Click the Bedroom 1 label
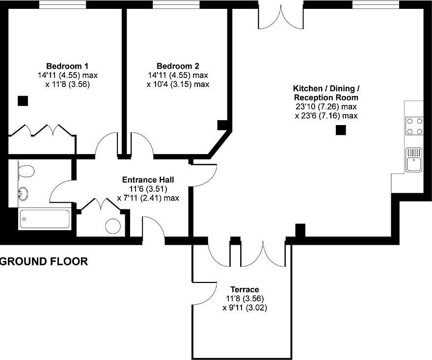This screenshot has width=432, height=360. (x=67, y=66)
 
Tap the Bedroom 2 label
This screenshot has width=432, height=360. (x=178, y=66)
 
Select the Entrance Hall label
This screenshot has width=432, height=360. (x=148, y=180)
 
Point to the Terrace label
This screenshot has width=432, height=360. (x=244, y=289)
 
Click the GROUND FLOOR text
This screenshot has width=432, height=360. (x=44, y=261)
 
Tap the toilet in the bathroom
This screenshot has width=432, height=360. (x=26, y=171)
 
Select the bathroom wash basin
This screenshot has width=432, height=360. (x=23, y=193)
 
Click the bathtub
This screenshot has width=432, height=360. (x=44, y=219)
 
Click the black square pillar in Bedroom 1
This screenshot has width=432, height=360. (x=23, y=101)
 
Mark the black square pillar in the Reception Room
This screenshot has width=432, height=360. (x=341, y=130)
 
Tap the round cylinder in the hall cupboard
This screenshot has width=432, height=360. (x=113, y=226)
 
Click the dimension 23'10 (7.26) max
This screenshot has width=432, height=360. (x=325, y=106)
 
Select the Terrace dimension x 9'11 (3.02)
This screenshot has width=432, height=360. (x=244, y=308)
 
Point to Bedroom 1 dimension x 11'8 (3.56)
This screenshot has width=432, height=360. (x=68, y=84)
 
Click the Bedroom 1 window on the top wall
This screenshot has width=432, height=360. (x=62, y=5)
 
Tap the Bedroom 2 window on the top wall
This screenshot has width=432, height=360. (x=176, y=5)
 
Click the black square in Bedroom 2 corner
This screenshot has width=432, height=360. (x=222, y=125)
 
